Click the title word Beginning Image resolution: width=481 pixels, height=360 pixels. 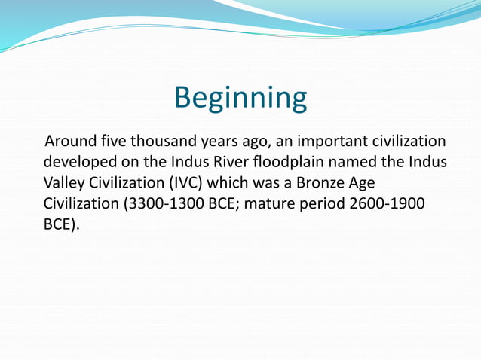point(240,99)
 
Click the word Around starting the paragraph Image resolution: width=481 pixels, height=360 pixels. point(71,142)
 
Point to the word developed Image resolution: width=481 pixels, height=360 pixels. point(77,162)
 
